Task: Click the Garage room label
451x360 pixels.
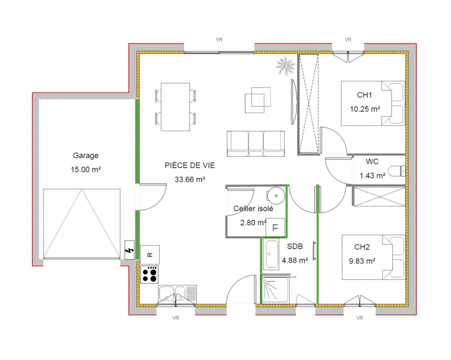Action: pyautogui.click(x=86, y=155)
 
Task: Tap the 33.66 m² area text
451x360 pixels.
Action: pyautogui.click(x=190, y=179)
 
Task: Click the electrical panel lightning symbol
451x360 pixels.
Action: pyautogui.click(x=130, y=251)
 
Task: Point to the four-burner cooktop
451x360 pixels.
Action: pyautogui.click(x=150, y=274)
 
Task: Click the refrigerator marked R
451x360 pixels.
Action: pyautogui.click(x=150, y=255)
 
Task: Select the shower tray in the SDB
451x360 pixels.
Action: pyautogui.click(x=275, y=290)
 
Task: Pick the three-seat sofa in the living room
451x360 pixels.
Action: pyautogui.click(x=256, y=144)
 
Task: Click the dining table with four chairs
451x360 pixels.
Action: pyautogui.click(x=176, y=107)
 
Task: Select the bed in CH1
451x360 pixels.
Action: pyautogui.click(x=373, y=103)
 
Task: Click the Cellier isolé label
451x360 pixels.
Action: pyautogui.click(x=253, y=209)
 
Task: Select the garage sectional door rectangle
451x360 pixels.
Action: pyautogui.click(x=82, y=224)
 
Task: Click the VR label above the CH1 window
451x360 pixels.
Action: pyautogui.click(x=348, y=40)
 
